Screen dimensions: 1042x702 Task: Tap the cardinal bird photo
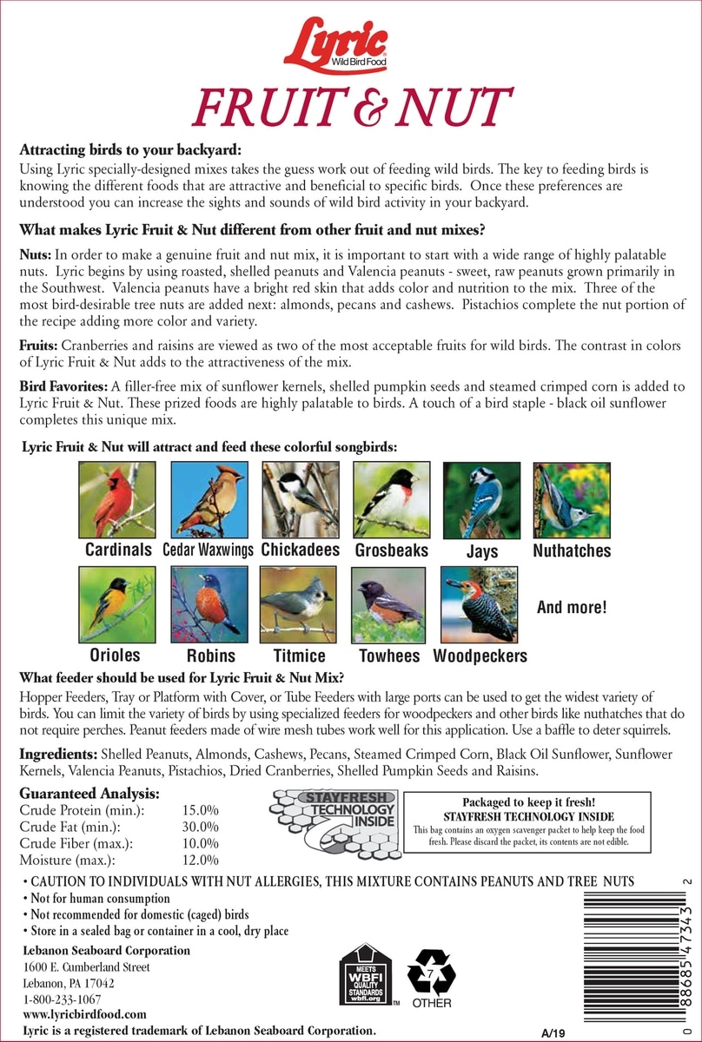116,500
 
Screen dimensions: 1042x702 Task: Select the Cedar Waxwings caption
209,551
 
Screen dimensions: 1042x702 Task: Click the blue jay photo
482,500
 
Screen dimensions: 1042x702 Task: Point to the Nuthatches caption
572,551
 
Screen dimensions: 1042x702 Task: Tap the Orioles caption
115,655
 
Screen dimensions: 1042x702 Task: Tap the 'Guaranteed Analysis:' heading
89,794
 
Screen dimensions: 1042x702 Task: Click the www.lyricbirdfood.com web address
84,1013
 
